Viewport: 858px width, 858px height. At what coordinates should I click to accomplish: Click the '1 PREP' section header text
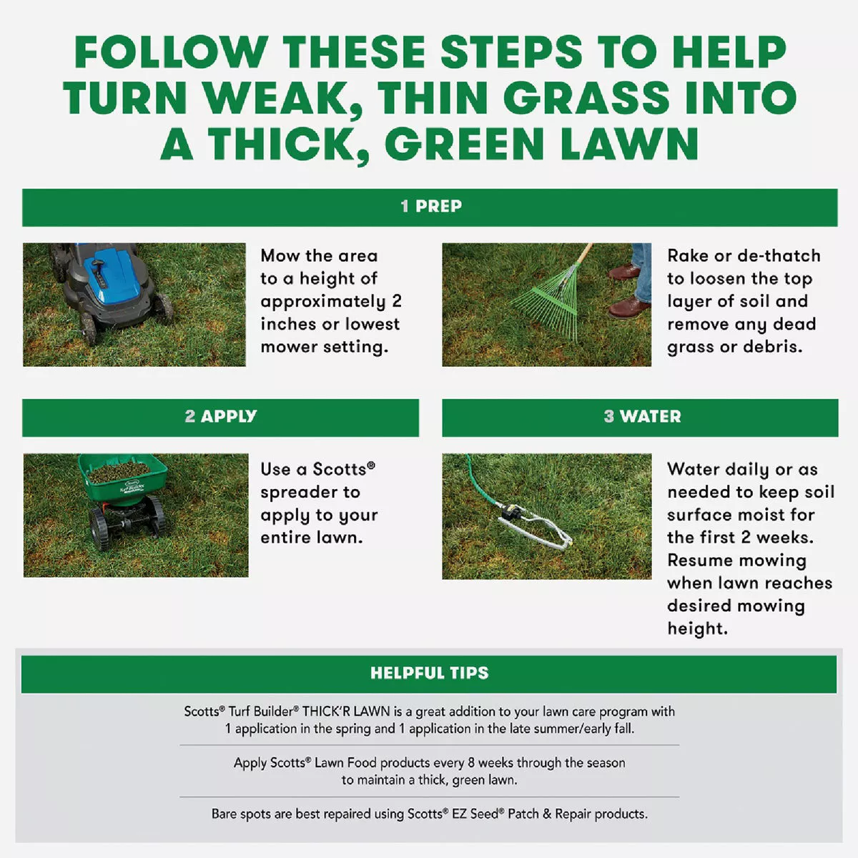click(430, 207)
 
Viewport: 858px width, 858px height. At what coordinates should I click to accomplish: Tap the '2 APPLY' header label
click(220, 417)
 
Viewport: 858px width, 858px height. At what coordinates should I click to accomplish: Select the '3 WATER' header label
click(641, 417)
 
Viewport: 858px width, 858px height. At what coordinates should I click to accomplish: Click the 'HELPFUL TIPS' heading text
click(429, 673)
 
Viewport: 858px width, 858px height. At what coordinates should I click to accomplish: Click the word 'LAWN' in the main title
click(628, 144)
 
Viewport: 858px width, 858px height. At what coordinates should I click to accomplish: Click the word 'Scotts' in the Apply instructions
click(339, 470)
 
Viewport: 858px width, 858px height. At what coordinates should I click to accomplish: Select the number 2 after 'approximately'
click(397, 302)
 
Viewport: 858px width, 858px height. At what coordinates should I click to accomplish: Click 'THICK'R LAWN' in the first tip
click(346, 711)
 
